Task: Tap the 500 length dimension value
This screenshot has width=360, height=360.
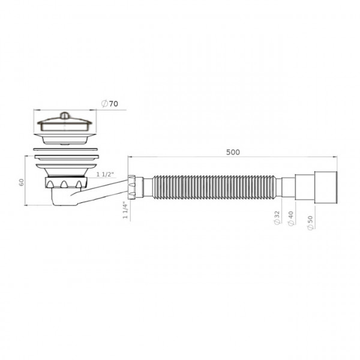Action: [x=233, y=152]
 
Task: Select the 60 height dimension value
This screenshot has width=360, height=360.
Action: [x=21, y=182]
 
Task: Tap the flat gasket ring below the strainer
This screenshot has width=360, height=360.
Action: [x=64, y=146]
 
